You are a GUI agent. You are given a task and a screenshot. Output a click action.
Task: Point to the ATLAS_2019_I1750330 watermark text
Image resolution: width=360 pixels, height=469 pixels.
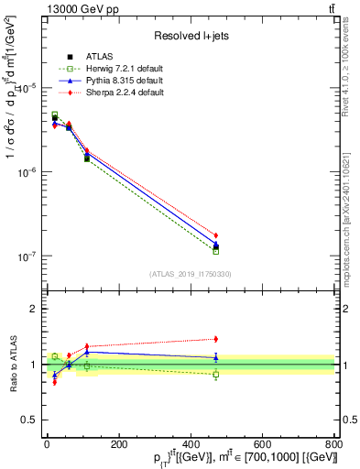click(190, 273)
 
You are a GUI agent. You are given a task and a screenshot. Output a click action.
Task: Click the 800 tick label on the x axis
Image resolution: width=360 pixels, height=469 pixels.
click(334, 444)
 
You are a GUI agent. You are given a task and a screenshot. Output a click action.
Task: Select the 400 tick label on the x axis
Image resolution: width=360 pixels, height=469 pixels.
click(191, 444)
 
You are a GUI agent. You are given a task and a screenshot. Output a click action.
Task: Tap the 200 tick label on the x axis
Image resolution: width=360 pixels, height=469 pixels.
click(118, 444)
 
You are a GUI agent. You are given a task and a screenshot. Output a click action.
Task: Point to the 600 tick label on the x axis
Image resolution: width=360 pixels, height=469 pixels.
click(262, 444)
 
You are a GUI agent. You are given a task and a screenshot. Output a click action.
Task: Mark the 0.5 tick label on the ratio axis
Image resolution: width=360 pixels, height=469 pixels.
click(27, 420)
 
